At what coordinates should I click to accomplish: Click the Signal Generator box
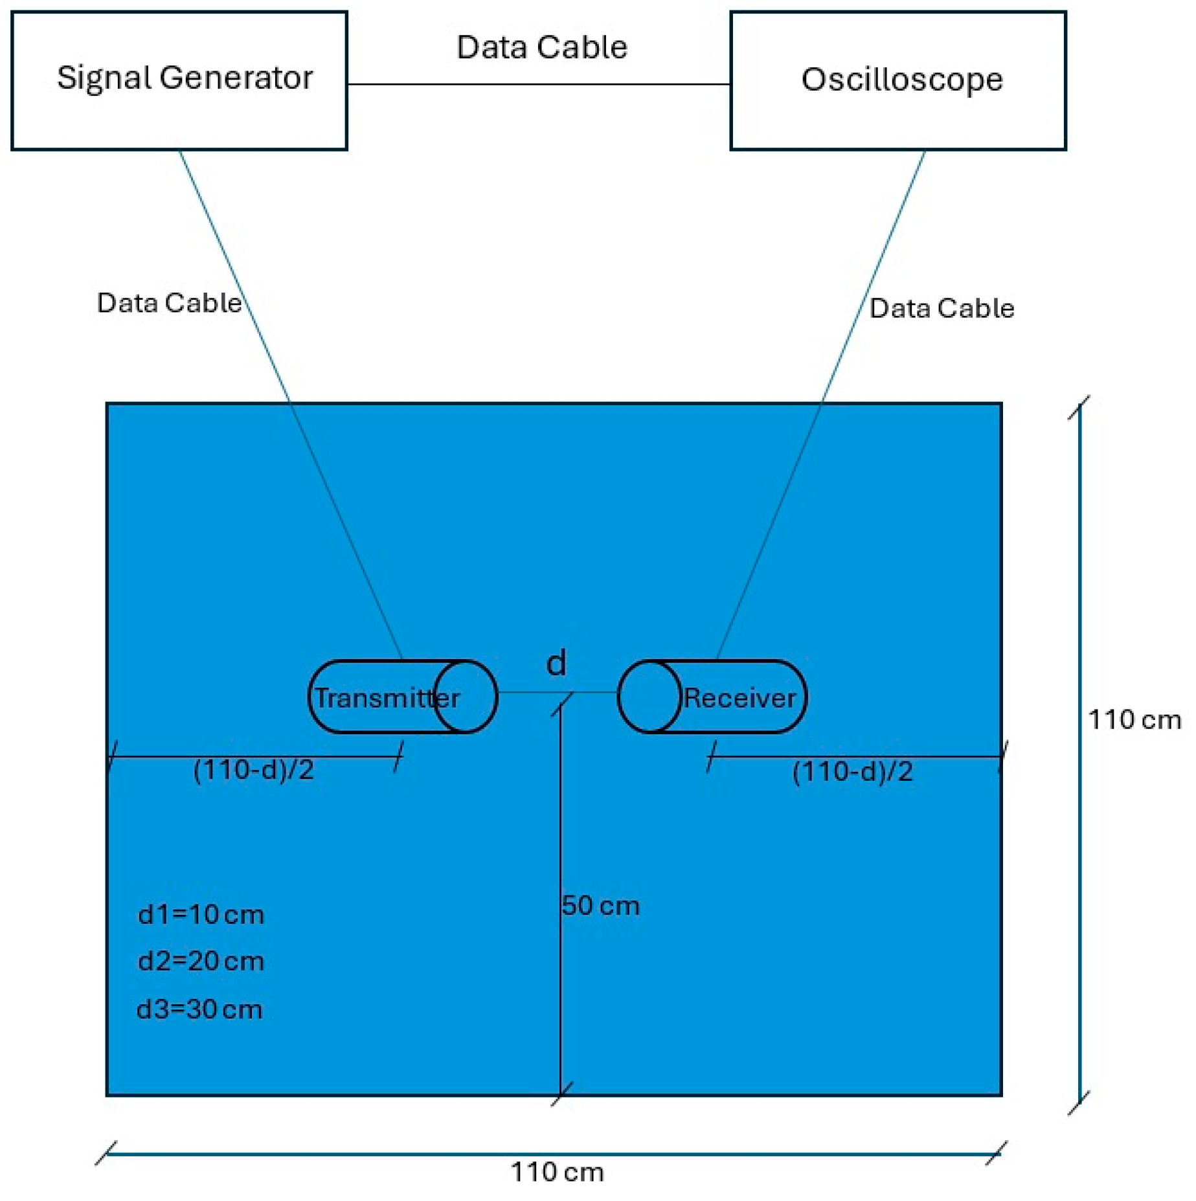click(x=179, y=80)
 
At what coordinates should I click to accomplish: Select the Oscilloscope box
click(x=897, y=80)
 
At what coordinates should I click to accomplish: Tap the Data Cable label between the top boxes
click(x=541, y=47)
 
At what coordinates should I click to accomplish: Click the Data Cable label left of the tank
click(x=169, y=303)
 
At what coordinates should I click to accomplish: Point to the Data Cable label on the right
click(x=941, y=308)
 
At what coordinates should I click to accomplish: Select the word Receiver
click(x=739, y=698)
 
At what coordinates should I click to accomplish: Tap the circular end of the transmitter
click(x=465, y=696)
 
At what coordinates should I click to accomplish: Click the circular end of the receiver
click(x=649, y=696)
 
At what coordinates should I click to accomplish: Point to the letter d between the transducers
click(x=556, y=663)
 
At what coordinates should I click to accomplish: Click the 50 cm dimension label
click(x=600, y=905)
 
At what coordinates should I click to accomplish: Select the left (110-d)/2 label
click(x=253, y=770)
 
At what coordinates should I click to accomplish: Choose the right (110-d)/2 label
click(x=852, y=771)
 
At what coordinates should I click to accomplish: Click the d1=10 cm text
click(x=201, y=914)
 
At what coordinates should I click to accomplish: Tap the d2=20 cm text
click(x=201, y=961)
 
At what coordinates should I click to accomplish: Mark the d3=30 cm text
click(x=199, y=1009)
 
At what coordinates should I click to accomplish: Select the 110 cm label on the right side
click(x=1134, y=720)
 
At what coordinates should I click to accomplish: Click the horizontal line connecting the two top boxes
click(x=539, y=84)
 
